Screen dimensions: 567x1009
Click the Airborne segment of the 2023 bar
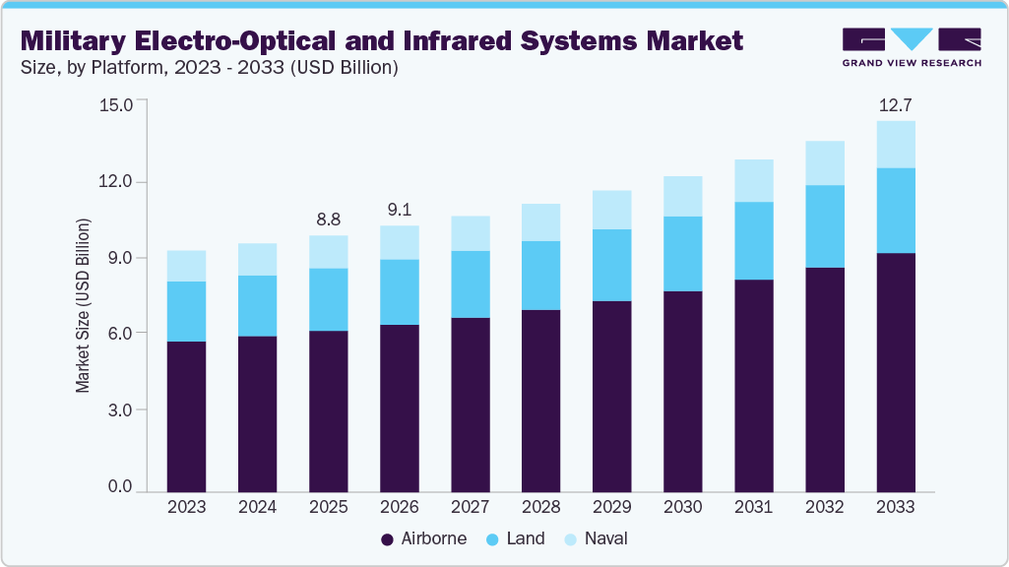(186, 416)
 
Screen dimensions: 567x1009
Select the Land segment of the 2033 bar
(896, 211)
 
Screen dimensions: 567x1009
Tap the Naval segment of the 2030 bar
(682, 196)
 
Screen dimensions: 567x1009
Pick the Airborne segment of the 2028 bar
(540, 401)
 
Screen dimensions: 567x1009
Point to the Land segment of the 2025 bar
(328, 299)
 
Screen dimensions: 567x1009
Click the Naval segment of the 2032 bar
(825, 162)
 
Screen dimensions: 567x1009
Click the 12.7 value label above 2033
(896, 104)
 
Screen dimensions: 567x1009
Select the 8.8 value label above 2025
(328, 219)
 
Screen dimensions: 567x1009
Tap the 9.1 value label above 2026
(399, 210)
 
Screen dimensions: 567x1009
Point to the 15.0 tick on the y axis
(116, 105)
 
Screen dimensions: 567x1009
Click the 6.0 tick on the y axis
(119, 334)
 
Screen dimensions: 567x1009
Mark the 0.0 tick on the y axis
(119, 486)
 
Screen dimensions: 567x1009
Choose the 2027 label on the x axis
(470, 508)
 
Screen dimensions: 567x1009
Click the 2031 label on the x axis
(754, 508)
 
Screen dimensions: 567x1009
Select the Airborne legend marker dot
(388, 539)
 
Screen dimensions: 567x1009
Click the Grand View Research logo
(911, 46)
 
